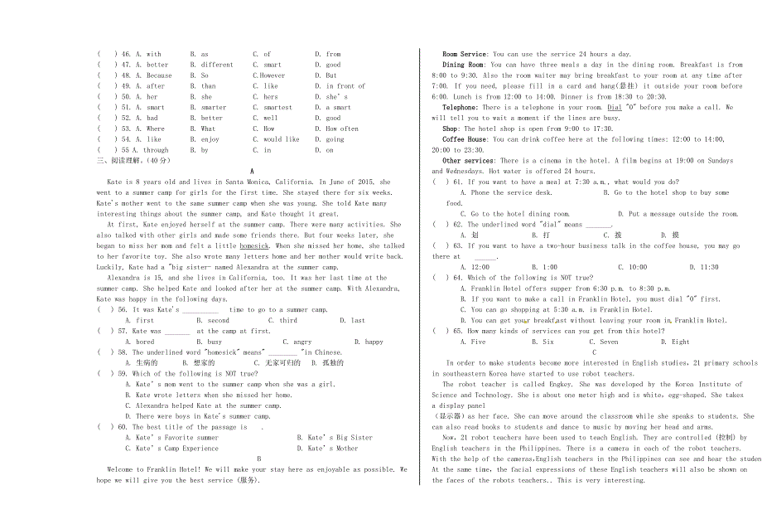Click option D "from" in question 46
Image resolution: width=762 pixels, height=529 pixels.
pos(333,54)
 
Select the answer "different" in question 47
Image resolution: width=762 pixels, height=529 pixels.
pos(217,65)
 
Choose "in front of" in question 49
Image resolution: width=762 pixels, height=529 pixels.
pos(345,86)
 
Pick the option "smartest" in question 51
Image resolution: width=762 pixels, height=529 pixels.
pos(277,108)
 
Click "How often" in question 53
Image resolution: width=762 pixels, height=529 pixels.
pos(342,129)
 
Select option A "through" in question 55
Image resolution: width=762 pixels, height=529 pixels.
pos(156,151)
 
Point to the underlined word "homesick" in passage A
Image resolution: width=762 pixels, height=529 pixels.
pos(254,246)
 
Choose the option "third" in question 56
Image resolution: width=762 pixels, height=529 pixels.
pos(288,320)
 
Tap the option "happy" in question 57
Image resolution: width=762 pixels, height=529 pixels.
pos(374,342)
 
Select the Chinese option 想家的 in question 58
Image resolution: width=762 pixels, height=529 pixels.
pos(203,363)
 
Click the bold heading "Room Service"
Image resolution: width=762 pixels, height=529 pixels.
pos(465,54)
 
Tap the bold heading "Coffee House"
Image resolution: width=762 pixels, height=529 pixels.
pos(465,140)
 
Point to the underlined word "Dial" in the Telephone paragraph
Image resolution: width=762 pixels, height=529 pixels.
pos(615,108)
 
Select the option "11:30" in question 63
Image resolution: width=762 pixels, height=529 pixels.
pos(709,268)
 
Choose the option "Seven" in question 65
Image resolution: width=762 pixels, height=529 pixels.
pos(609,342)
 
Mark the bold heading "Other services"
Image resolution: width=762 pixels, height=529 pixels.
pos(468,161)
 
